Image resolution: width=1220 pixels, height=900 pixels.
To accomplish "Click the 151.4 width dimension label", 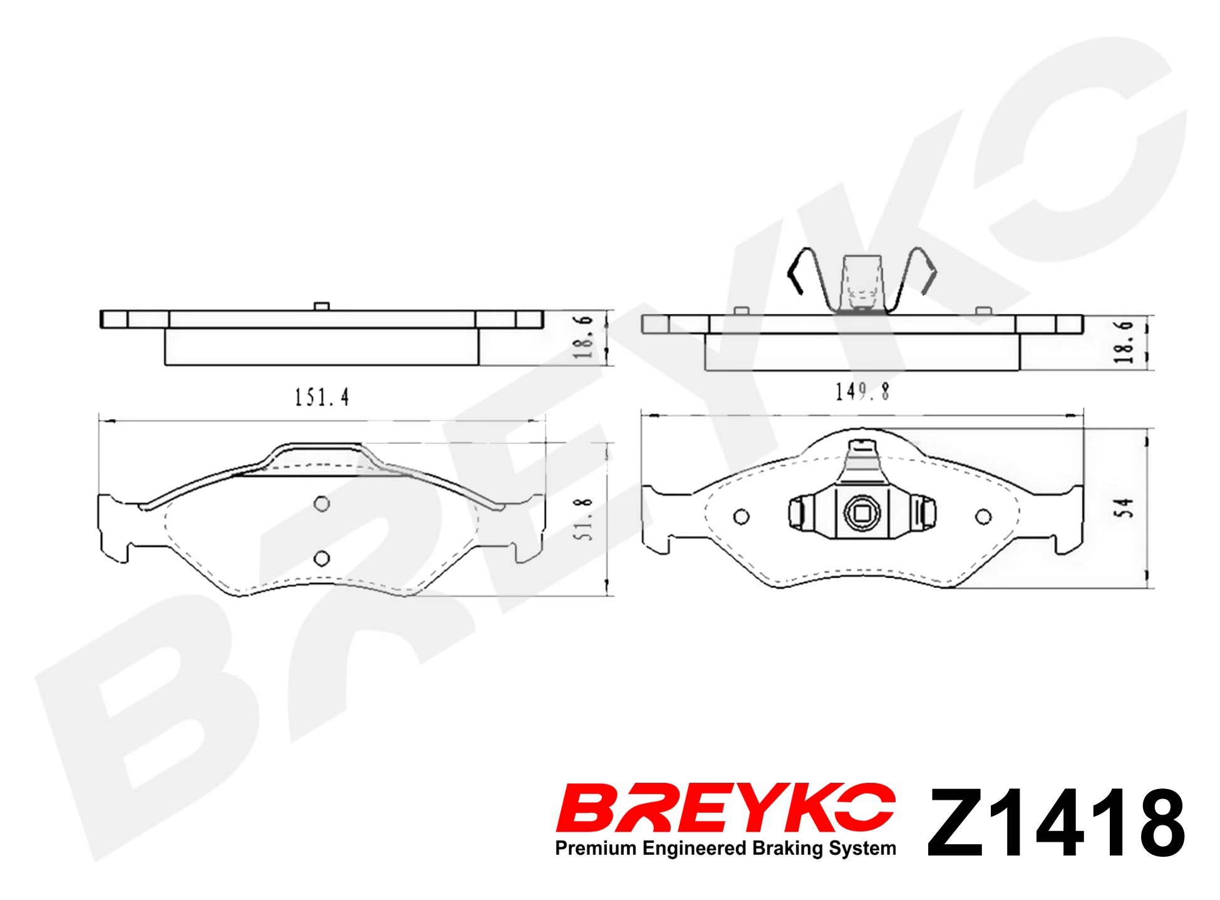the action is (322, 397).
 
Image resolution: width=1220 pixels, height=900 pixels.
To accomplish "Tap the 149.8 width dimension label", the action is (862, 392).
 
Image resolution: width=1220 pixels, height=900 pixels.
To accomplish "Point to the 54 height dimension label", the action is (1124, 508).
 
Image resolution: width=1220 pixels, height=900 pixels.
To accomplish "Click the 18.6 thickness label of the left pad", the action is (583, 337).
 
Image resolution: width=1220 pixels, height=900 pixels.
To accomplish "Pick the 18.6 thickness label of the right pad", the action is (1124, 343).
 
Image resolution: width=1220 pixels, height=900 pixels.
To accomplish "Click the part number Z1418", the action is (1056, 822).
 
